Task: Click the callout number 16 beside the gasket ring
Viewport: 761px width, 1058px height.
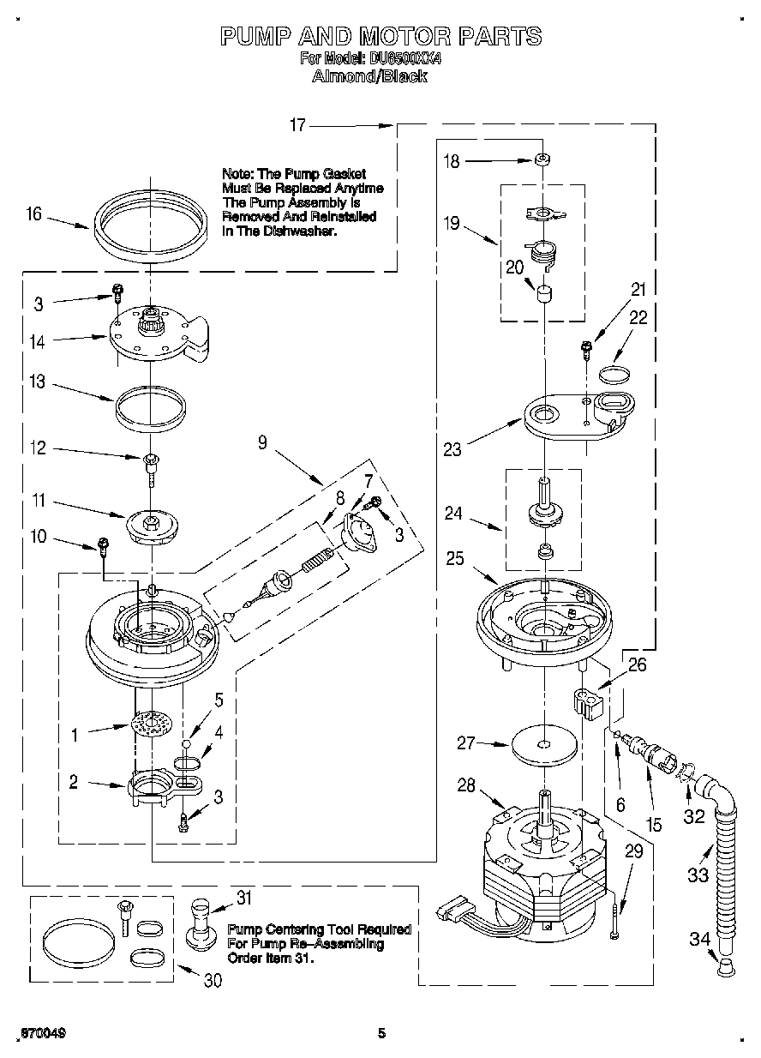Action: (33, 213)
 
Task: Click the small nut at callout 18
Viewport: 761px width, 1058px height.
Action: (542, 160)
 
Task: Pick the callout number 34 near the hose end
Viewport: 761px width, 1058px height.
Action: (699, 939)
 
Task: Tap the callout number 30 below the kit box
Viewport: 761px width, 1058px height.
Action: (212, 980)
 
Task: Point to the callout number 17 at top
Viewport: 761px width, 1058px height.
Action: (297, 125)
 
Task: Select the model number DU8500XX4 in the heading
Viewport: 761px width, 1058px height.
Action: (404, 59)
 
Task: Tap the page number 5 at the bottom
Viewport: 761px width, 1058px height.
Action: (382, 1033)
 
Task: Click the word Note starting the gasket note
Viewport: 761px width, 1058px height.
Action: (237, 174)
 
